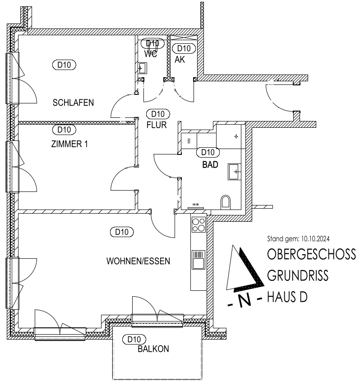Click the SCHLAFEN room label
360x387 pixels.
click(73, 103)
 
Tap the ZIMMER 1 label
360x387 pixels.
click(69, 144)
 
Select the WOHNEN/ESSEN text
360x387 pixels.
click(138, 261)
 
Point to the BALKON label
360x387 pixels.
click(153, 349)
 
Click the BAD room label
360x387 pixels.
click(210, 165)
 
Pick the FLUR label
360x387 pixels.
click(157, 125)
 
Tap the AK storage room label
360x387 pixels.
click(180, 60)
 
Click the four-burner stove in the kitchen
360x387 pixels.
click(198, 224)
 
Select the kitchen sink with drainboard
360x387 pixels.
click(198, 260)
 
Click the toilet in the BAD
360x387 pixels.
click(226, 202)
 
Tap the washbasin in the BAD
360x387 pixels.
click(234, 172)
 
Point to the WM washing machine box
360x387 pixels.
click(189, 141)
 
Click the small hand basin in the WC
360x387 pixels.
click(142, 68)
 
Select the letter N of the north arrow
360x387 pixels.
click(245, 301)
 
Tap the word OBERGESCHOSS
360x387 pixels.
click(312, 254)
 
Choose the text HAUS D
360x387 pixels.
click(287, 297)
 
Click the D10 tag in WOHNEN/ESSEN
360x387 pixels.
click(122, 232)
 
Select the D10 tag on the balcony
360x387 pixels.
click(134, 340)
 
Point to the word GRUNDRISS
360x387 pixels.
click(298, 275)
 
